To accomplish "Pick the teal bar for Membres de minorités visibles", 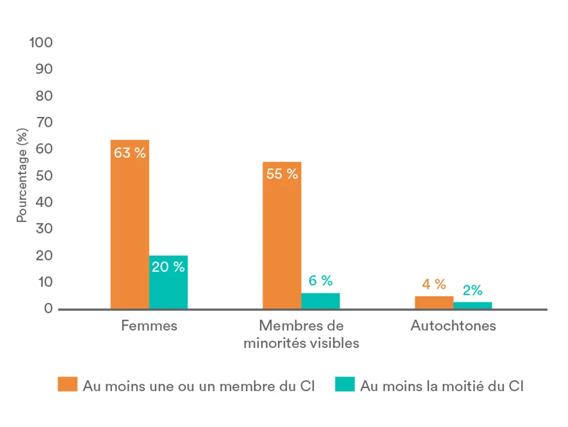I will (x=320, y=301).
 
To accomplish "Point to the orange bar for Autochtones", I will (x=434, y=303).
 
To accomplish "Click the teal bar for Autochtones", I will (x=472, y=305).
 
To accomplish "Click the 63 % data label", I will (x=130, y=154).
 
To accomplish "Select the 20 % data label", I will (x=168, y=267).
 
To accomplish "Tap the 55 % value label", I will (x=282, y=174).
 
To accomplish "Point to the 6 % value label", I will (x=320, y=281).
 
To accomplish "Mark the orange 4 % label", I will (x=434, y=284).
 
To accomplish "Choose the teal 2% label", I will (x=472, y=290).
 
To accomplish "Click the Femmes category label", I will (x=149, y=325).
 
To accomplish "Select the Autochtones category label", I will (x=453, y=325).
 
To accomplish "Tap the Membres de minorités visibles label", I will (x=301, y=334).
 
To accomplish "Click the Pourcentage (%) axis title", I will (x=22, y=175).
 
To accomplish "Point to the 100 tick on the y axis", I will (x=41, y=43).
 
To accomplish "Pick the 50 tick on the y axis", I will (x=44, y=176).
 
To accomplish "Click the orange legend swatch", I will (x=67, y=385).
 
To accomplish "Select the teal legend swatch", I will (x=344, y=385).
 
